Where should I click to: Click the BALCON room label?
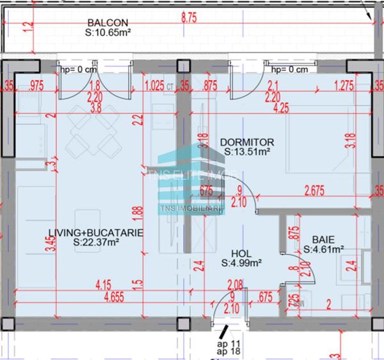pos(107,22)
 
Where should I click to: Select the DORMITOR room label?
pos(246,142)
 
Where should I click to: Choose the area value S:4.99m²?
pos(243,262)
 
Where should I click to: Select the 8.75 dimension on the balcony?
pos(189,19)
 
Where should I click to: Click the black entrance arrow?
pos(221,334)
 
